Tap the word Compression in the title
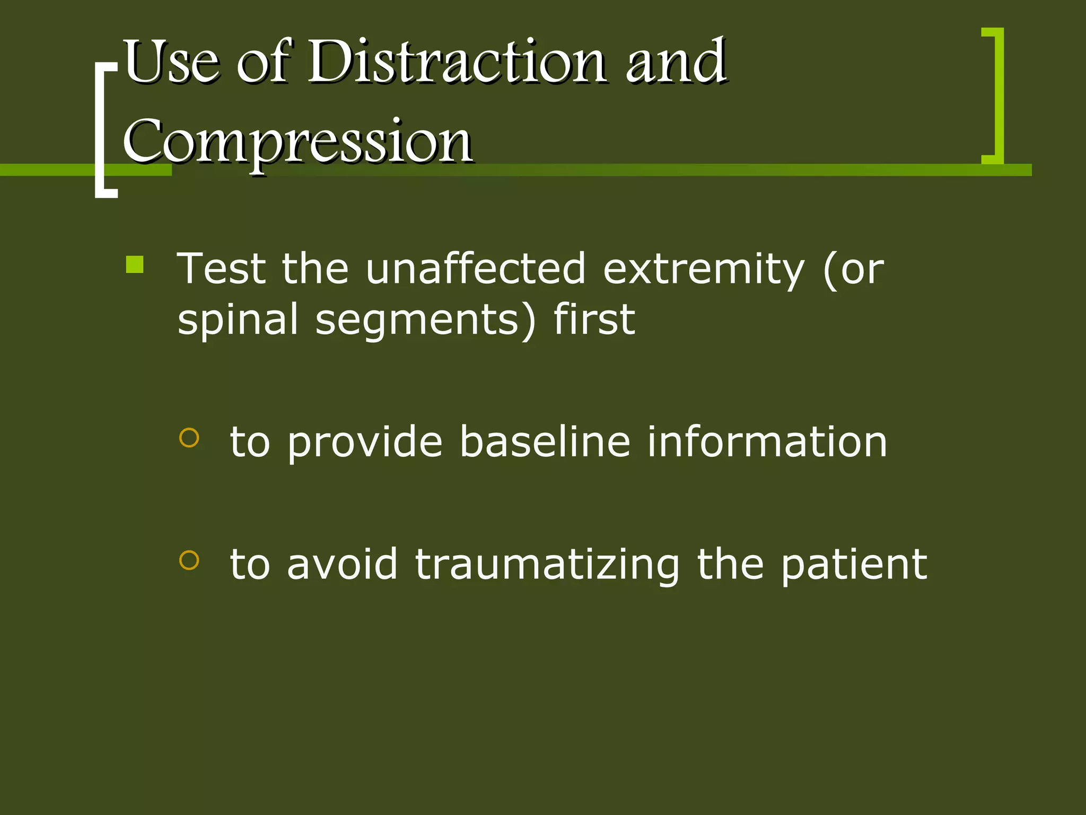click(x=297, y=142)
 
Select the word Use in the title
click(x=170, y=62)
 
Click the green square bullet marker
click(x=135, y=264)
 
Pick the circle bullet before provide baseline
click(x=189, y=438)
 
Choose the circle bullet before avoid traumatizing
click(x=189, y=560)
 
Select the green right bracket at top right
click(x=997, y=96)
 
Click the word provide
click(x=365, y=444)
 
